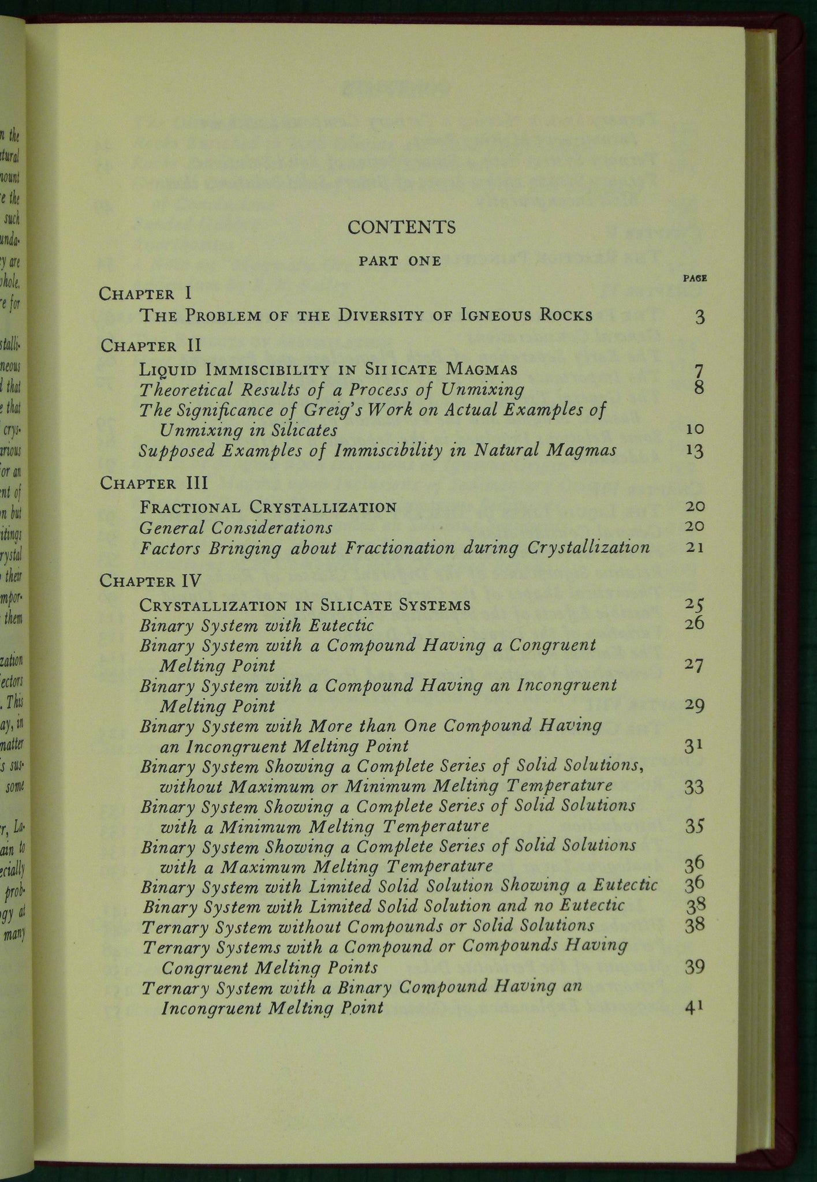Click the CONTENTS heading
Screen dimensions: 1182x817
[x=401, y=227]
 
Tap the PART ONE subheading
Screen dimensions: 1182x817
[x=400, y=261]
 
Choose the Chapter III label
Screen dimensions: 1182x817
[x=154, y=483]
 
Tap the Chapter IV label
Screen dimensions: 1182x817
[x=150, y=581]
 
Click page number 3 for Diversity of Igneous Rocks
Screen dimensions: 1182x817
[x=700, y=317]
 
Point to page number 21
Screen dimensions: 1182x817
[x=695, y=547]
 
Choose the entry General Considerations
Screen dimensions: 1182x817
[x=236, y=527]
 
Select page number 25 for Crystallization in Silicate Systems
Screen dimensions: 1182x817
[x=694, y=605]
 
